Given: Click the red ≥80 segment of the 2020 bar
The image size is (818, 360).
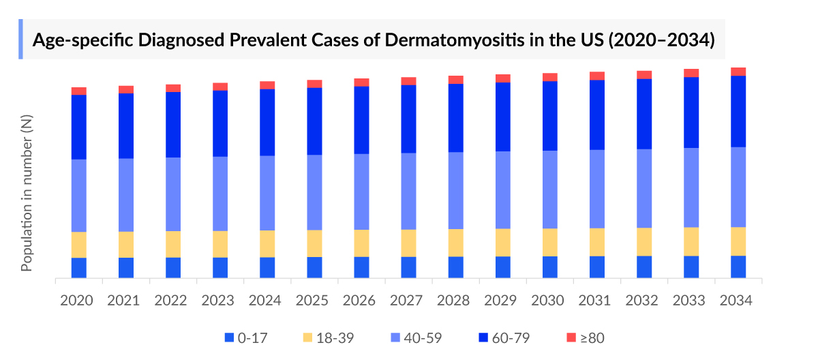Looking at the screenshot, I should [x=79, y=91].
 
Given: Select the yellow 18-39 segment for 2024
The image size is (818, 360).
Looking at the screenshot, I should [x=267, y=243].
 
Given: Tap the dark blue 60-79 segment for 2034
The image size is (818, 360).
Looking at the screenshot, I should [x=738, y=111].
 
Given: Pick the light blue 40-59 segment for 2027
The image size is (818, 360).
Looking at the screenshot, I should [x=408, y=191].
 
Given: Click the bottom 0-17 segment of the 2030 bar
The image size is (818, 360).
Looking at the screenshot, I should [x=550, y=267].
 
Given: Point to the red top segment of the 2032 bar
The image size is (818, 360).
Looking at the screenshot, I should [x=644, y=74].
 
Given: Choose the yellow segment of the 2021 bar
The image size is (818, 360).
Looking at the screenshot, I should [x=126, y=244].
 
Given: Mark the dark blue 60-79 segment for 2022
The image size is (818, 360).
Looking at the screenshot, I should [x=173, y=124].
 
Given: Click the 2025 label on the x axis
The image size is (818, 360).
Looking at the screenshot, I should [x=314, y=301].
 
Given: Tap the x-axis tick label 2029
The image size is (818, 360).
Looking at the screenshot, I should [x=502, y=301].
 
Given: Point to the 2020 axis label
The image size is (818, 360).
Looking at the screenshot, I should [x=79, y=301].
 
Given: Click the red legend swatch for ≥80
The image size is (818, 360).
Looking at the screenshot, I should [x=571, y=337].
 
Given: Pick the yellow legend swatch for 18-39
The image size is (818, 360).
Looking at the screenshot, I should [x=307, y=337].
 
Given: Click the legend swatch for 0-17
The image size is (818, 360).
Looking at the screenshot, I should [x=229, y=337].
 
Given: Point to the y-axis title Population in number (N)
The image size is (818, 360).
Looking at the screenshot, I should [x=27, y=193].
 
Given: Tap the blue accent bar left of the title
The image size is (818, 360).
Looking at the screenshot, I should [x=21, y=39].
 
